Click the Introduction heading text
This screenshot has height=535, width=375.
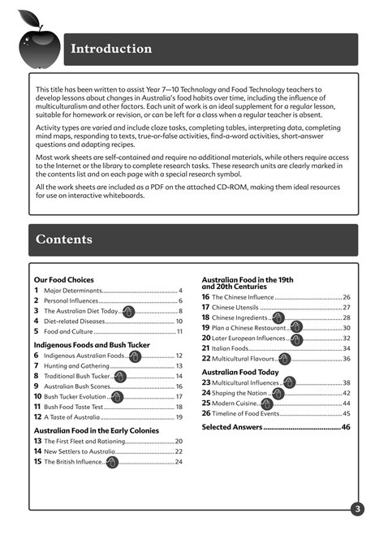coord(111,49)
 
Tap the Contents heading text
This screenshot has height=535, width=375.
coord(64,239)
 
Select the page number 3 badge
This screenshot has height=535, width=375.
coord(356,509)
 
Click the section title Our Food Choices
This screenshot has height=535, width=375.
coord(63,279)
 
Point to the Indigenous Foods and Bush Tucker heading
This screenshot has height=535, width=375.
coord(91,345)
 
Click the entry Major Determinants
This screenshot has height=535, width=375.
coord(73,291)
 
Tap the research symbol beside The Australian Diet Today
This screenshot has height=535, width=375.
coord(127,311)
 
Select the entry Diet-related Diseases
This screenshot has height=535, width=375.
coord(75,321)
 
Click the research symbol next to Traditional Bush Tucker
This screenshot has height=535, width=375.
coord(120,377)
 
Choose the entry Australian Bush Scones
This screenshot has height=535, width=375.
coord(78,386)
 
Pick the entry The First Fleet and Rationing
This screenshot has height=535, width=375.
coord(84,441)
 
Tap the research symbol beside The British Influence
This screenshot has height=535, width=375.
coord(112,462)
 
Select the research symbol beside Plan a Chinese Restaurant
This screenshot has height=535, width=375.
coord(296,328)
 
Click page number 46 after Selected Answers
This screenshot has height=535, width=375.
coord(346,427)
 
